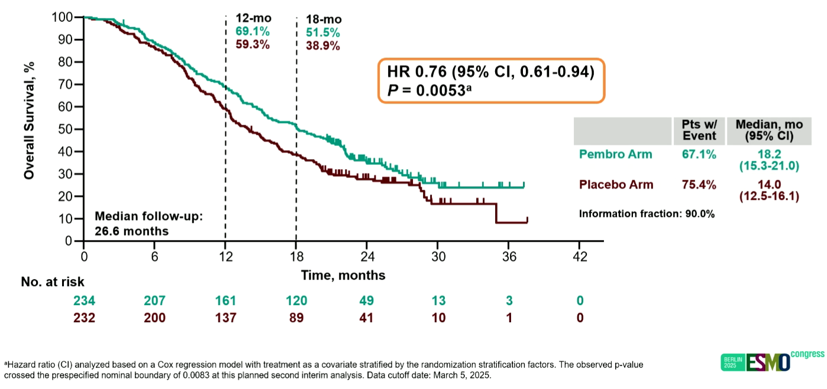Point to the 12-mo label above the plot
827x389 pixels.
[x=253, y=18]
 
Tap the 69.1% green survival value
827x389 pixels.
[x=253, y=31]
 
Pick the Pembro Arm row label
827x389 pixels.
[x=615, y=154]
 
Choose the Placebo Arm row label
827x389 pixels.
[x=616, y=184]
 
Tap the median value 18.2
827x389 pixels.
[x=768, y=155]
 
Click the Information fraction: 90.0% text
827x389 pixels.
[x=647, y=213]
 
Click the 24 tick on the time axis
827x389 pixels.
[x=367, y=257]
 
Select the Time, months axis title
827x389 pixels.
[x=343, y=275]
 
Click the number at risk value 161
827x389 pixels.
[x=225, y=301]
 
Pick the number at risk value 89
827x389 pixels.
[x=296, y=317]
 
